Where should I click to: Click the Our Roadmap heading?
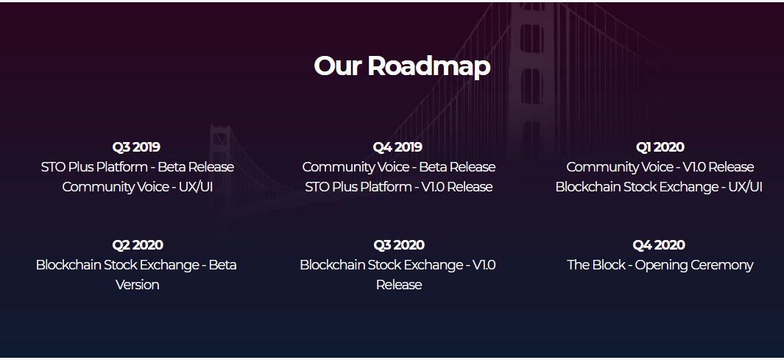pyautogui.click(x=402, y=66)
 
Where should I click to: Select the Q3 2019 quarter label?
pyautogui.click(x=136, y=147)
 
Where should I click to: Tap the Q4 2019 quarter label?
pyautogui.click(x=398, y=147)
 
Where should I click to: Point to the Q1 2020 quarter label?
pyautogui.click(x=660, y=147)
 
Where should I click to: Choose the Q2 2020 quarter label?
pyautogui.click(x=138, y=245)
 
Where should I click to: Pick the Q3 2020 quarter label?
pyautogui.click(x=399, y=245)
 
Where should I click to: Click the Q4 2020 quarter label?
pyautogui.click(x=659, y=245)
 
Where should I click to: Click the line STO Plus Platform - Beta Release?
pyautogui.click(x=138, y=167)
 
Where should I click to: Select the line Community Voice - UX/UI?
pyautogui.click(x=138, y=187)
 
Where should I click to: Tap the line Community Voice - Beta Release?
pyautogui.click(x=399, y=167)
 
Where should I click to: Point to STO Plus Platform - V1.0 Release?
pyautogui.click(x=399, y=187)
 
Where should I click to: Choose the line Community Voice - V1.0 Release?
pyautogui.click(x=660, y=167)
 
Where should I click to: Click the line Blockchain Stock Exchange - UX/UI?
pyautogui.click(x=659, y=187)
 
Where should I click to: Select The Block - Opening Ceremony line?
pyautogui.click(x=660, y=265)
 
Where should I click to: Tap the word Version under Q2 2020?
pyautogui.click(x=138, y=285)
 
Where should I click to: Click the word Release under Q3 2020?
pyautogui.click(x=399, y=285)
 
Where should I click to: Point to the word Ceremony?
pyautogui.click(x=722, y=266)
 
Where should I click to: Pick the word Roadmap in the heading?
pyautogui.click(x=429, y=66)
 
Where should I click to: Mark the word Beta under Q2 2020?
pyautogui.click(x=222, y=265)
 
